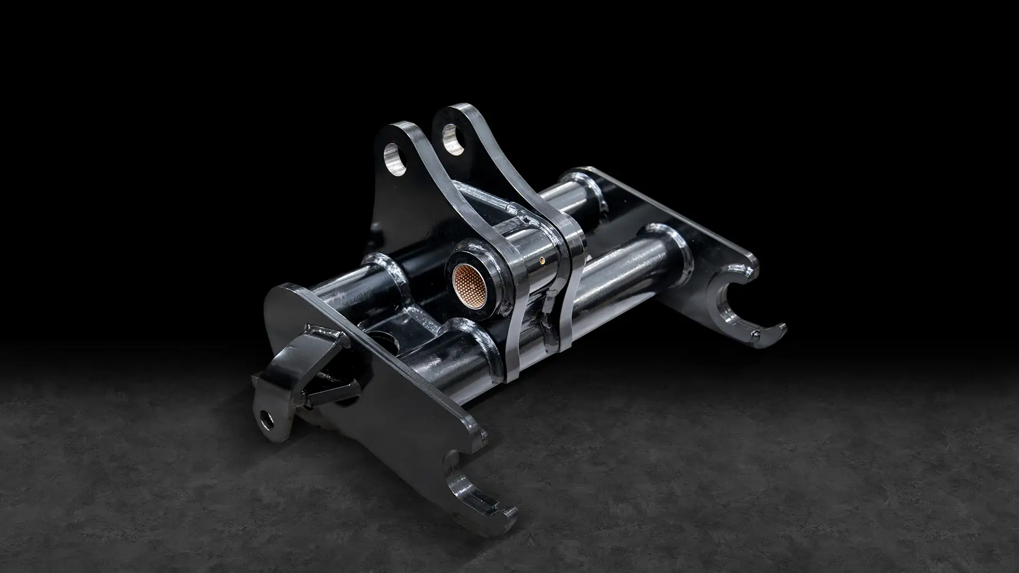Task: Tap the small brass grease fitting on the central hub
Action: pyautogui.click(x=541, y=260)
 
